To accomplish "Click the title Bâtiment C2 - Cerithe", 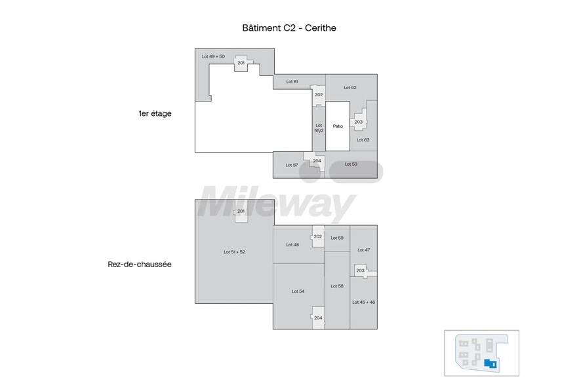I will [289, 28].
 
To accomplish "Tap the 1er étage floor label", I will [155, 113].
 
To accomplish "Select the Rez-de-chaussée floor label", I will [140, 265].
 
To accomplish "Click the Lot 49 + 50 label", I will [213, 56].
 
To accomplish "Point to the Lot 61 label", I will [292, 82].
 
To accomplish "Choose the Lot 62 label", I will [350, 87].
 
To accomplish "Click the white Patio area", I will [338, 126].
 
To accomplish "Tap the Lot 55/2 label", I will [319, 128].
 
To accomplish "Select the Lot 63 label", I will [363, 139].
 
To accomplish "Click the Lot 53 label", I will [351, 164].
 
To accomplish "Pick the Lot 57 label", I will [292, 165].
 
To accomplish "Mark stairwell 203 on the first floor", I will [359, 122].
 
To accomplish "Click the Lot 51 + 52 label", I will [234, 251].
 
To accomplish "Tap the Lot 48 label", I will [292, 244].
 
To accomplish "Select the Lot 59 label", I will [337, 238].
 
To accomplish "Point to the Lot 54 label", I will [298, 291].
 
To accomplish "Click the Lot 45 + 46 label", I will [363, 302].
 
